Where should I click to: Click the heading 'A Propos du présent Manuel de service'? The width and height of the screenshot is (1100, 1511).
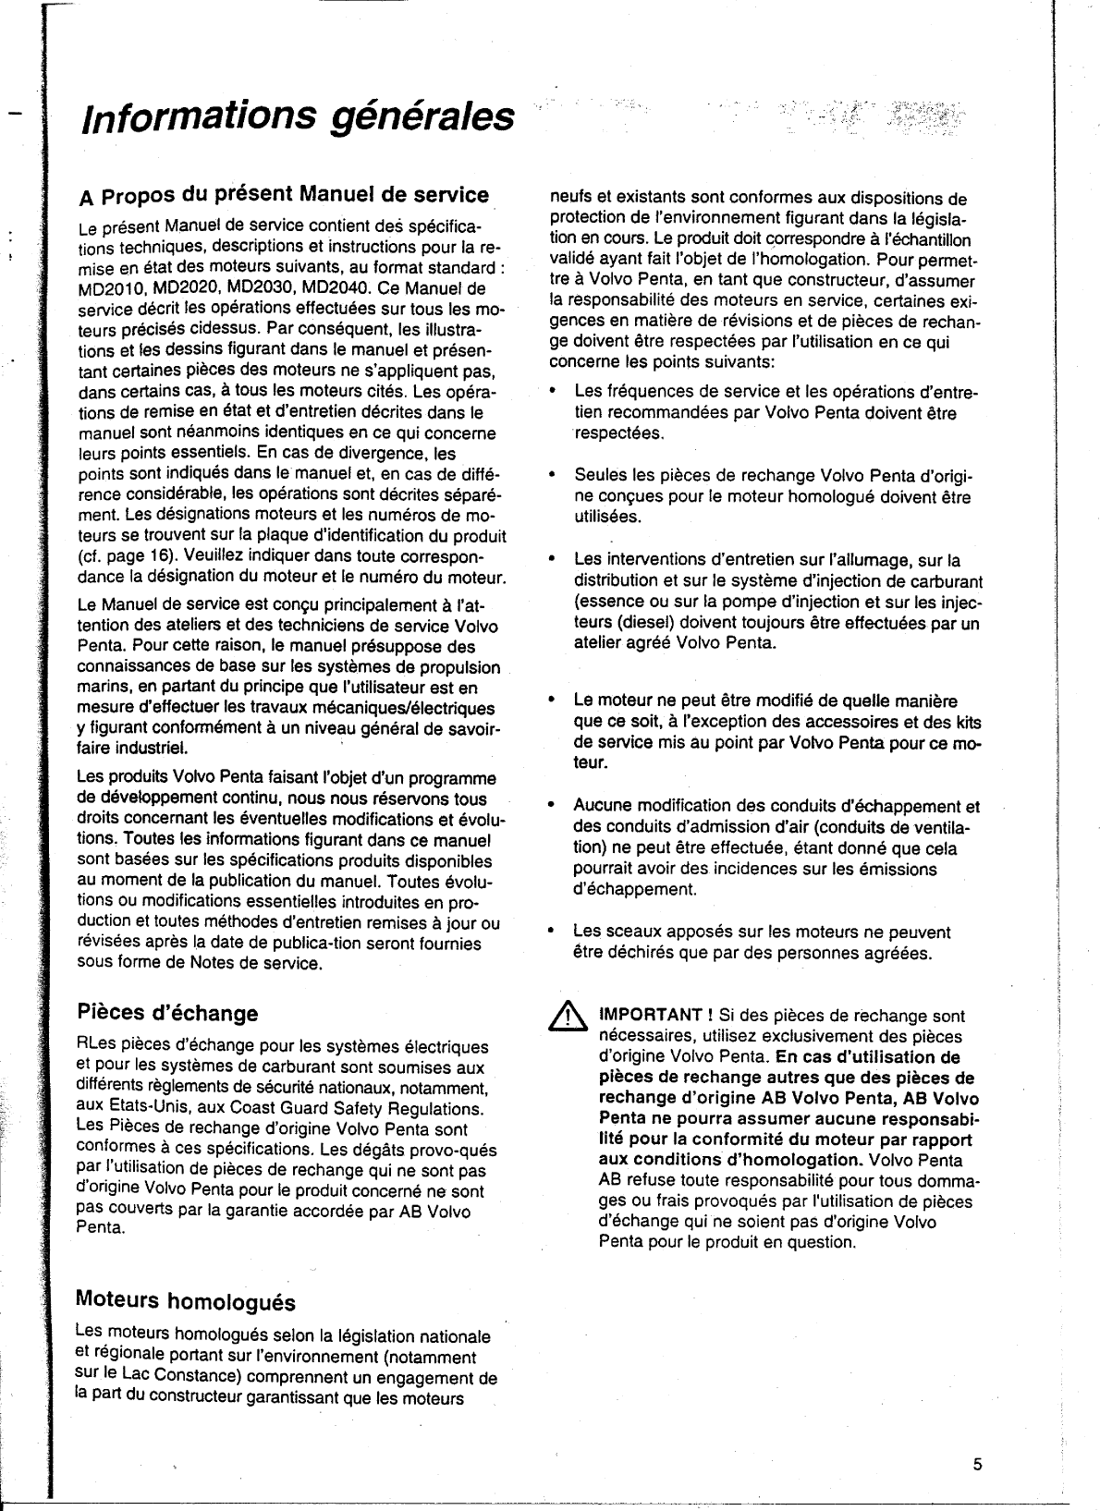pyautogui.click(x=284, y=195)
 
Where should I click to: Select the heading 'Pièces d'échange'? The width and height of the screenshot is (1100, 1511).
pyautogui.click(x=167, y=1013)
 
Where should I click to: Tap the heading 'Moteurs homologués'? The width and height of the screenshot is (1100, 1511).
pyautogui.click(x=185, y=1301)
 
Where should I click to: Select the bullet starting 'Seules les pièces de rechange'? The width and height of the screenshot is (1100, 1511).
pyautogui.click(x=773, y=475)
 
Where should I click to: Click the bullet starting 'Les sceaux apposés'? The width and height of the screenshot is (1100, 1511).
pyautogui.click(x=762, y=932)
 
